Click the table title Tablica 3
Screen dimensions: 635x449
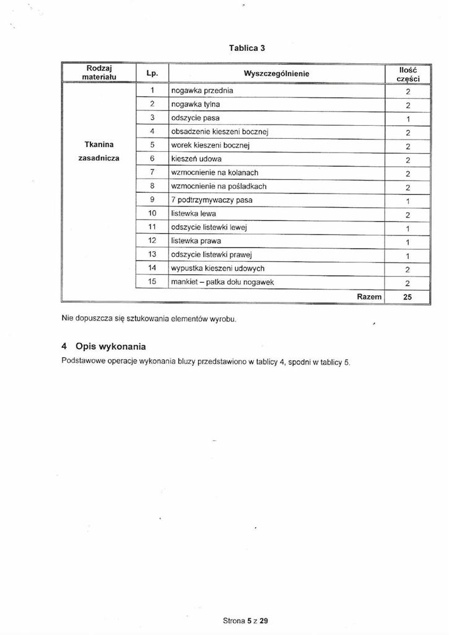tap(247, 48)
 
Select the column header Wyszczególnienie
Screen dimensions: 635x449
tap(276, 74)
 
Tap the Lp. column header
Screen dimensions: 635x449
tap(152, 74)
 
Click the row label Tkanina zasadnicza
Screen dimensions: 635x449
tap(98, 151)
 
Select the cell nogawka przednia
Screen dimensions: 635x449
tap(203, 91)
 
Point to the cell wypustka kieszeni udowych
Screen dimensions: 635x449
tap(218, 268)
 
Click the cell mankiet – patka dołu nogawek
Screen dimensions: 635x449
tap(222, 282)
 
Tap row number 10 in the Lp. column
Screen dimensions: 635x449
tap(152, 213)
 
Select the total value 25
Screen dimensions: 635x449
tap(408, 297)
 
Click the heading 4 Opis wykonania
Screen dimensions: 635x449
tap(104, 345)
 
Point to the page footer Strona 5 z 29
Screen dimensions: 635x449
tap(245, 620)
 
